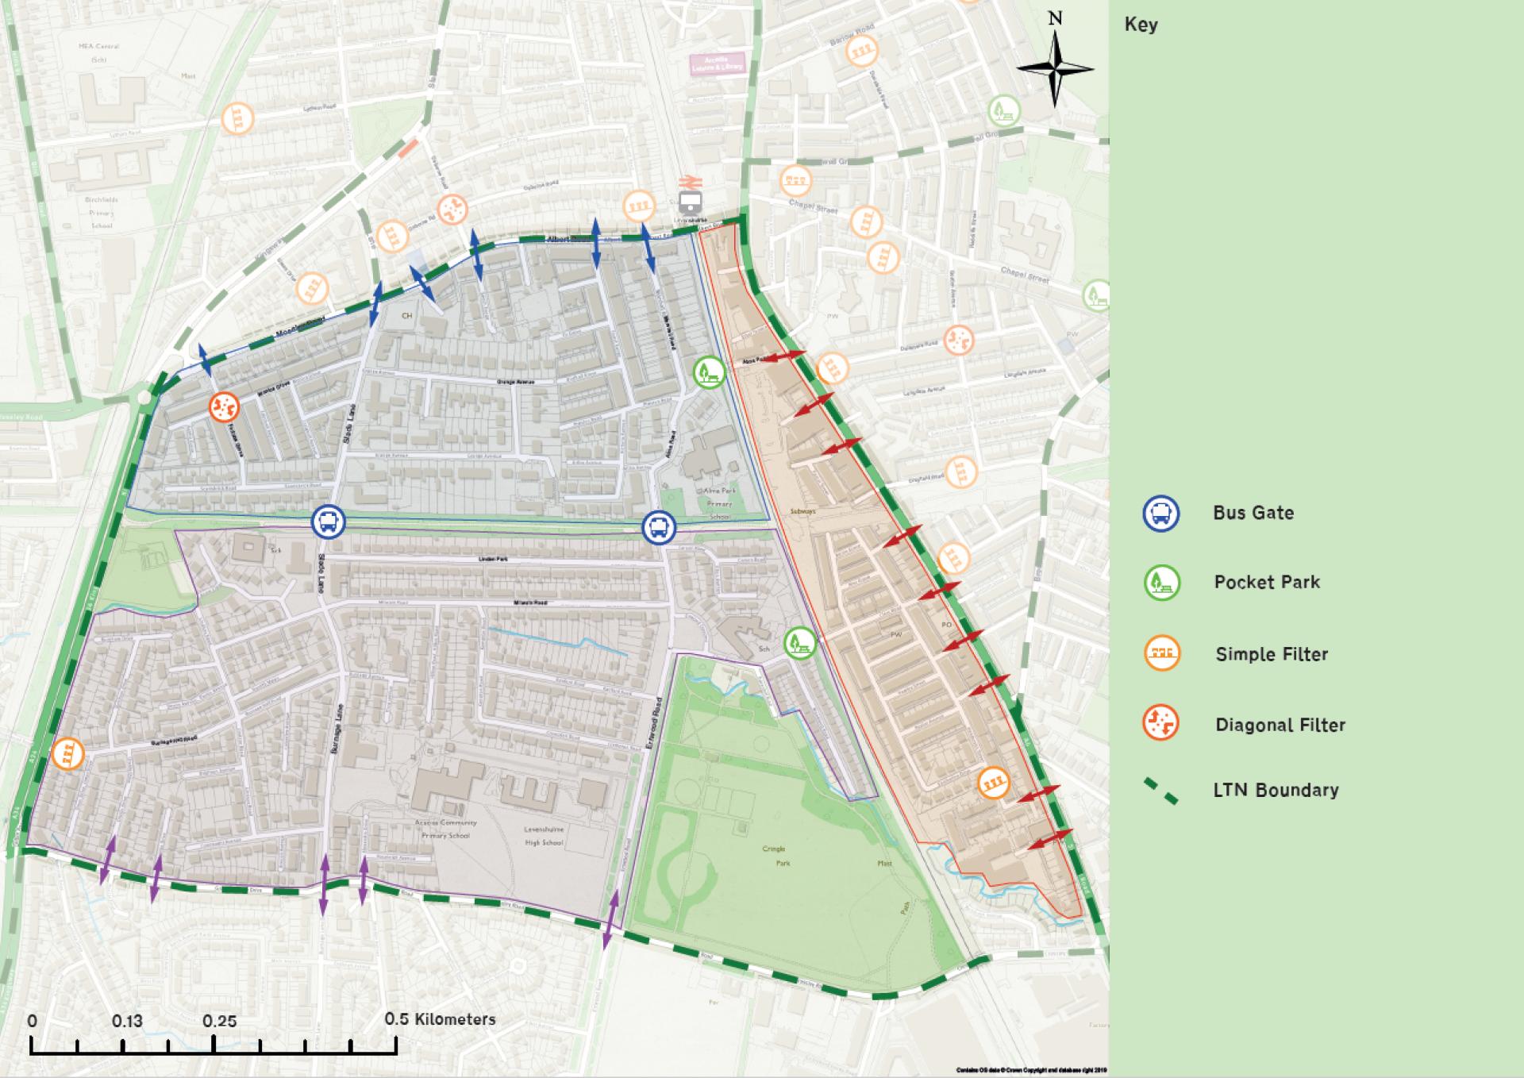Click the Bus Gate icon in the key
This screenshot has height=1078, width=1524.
(1160, 514)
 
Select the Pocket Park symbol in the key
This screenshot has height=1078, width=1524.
(1161, 583)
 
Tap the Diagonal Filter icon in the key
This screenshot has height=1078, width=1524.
(1160, 723)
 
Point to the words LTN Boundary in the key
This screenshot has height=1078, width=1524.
(1275, 790)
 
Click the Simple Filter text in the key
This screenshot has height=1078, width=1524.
(1271, 654)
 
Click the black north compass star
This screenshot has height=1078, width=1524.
(1055, 69)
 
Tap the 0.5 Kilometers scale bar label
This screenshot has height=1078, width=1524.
(440, 1019)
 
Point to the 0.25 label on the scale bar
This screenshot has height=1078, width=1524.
(219, 1021)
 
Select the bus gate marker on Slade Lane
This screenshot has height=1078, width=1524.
(328, 522)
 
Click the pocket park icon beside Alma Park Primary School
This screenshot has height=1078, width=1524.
(709, 372)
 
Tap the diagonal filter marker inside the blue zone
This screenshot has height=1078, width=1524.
(224, 407)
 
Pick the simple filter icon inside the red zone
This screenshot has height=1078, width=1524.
(992, 783)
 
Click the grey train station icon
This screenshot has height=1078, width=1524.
(690, 202)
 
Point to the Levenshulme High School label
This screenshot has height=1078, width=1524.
(544, 835)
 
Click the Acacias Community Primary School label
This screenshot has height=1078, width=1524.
(446, 829)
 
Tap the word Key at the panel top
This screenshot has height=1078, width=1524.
(1141, 25)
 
